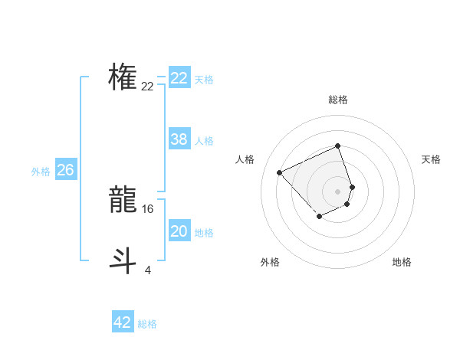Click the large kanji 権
click(123, 77)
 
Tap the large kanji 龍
click(123, 201)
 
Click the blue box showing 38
click(179, 139)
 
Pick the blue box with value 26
click(65, 170)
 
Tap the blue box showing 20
click(179, 231)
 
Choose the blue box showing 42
click(123, 322)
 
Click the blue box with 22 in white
click(179, 78)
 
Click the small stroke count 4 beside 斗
click(147, 269)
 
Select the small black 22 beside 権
click(148, 87)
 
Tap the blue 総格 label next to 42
click(147, 324)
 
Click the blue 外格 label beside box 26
click(41, 172)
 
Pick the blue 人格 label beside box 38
click(204, 141)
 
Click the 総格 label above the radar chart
click(338, 100)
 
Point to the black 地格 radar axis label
click(402, 262)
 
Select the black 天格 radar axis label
click(431, 159)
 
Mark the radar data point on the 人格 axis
click(280, 172)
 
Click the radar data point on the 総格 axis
click(338, 146)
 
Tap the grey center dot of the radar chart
click(338, 191)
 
